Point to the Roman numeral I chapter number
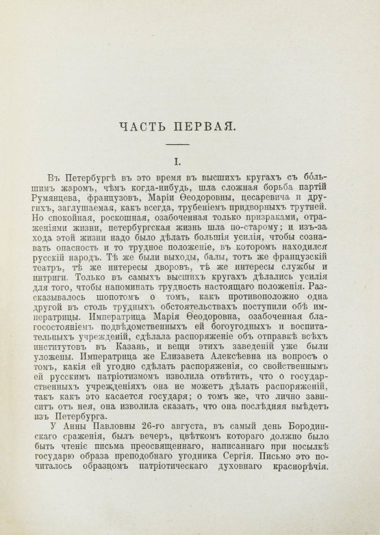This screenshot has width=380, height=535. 177,163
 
